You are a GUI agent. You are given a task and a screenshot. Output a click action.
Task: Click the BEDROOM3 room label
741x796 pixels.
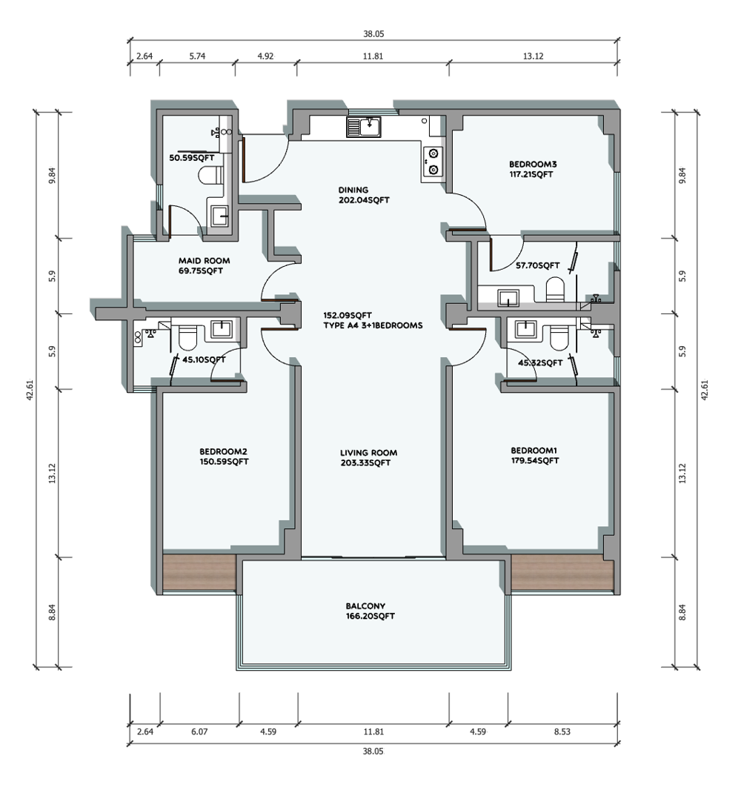tap(533, 164)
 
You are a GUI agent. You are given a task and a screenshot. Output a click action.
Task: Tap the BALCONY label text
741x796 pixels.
tap(365, 606)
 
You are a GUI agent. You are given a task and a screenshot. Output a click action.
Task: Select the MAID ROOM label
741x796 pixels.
tap(204, 260)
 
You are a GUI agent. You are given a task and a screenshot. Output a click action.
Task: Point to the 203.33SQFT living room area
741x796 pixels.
tap(365, 462)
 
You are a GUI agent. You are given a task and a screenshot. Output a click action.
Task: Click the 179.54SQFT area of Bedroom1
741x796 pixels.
tap(535, 460)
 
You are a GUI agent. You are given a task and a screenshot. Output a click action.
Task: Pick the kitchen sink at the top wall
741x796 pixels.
tap(364, 127)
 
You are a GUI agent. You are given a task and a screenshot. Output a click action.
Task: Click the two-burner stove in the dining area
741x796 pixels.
tap(433, 162)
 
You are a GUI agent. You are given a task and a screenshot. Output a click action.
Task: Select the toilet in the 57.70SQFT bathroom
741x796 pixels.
tap(555, 289)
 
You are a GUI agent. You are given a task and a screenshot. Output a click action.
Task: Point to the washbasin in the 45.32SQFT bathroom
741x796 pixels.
tap(525, 329)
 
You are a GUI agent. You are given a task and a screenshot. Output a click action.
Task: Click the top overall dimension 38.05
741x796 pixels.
tap(373, 34)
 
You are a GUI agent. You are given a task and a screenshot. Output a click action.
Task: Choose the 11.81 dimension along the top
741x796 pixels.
tap(373, 56)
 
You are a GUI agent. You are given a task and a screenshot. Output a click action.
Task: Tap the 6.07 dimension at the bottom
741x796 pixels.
tap(199, 732)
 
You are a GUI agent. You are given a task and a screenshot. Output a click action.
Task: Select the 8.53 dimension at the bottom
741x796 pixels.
tap(562, 732)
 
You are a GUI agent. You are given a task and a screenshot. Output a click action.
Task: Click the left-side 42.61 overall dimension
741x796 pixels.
tap(30, 390)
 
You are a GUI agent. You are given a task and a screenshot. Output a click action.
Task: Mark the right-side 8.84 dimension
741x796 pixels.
tap(682, 612)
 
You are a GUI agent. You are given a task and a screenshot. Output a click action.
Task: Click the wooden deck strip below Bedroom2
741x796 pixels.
tap(199, 572)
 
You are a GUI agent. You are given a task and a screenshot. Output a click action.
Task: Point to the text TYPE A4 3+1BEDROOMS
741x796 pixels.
tap(373, 325)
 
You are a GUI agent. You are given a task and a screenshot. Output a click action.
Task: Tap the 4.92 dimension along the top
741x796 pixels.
tap(265, 56)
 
